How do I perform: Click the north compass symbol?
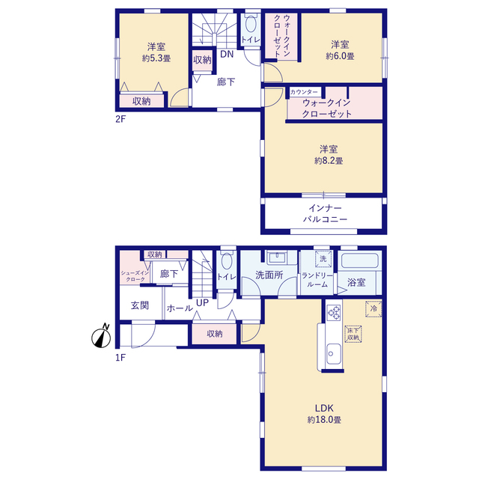pyautogui.click(x=101, y=336)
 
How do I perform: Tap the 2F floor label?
pyautogui.click(x=120, y=119)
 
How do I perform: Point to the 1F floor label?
pyautogui.click(x=120, y=358)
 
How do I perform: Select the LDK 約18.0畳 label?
pyautogui.click(x=324, y=414)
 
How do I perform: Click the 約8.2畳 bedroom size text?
pyautogui.click(x=329, y=161)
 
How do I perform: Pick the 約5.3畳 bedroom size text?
pyautogui.click(x=156, y=58)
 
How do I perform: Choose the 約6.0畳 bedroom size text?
pyautogui.click(x=340, y=56)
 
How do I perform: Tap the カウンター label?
pyautogui.click(x=304, y=92)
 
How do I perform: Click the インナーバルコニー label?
pyautogui.click(x=325, y=213)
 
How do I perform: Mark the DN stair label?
pyautogui.click(x=227, y=55)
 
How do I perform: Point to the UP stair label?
pyautogui.click(x=202, y=302)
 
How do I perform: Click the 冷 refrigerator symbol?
pyautogui.click(x=373, y=309)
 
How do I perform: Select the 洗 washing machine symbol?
pyautogui.click(x=323, y=259)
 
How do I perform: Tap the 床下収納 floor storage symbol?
pyautogui.click(x=353, y=334)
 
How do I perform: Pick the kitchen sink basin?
pyautogui.click(x=334, y=353)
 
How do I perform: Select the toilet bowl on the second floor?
pyautogui.click(x=251, y=24)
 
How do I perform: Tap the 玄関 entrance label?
pyautogui.click(x=140, y=305)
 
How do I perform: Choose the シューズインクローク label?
pyautogui.click(x=135, y=276)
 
